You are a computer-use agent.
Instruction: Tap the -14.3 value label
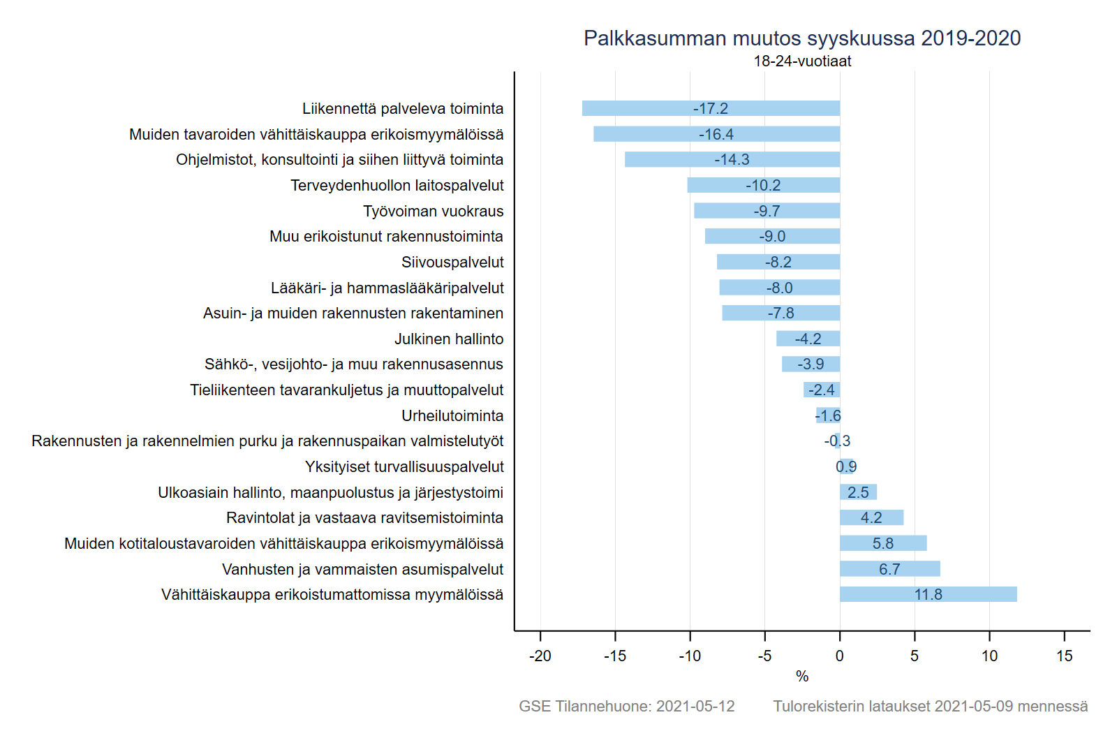(732, 160)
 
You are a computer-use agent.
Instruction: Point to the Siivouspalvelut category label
(452, 263)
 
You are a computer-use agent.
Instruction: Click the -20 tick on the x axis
(540, 656)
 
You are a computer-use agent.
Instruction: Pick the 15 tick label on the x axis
(1064, 656)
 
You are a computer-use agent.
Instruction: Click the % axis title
(802, 677)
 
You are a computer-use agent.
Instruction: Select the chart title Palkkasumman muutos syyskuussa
(802, 38)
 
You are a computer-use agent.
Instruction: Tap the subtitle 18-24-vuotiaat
(802, 61)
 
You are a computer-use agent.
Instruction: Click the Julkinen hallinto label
(449, 339)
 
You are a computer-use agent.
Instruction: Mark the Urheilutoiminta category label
(452, 416)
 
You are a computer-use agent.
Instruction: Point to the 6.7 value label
(889, 570)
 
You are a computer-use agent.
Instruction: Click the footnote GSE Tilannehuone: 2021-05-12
(626, 707)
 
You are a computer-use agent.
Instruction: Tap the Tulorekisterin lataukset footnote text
(930, 707)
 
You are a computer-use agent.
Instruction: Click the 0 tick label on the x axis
(840, 656)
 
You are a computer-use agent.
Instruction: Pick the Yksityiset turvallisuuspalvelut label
(404, 467)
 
